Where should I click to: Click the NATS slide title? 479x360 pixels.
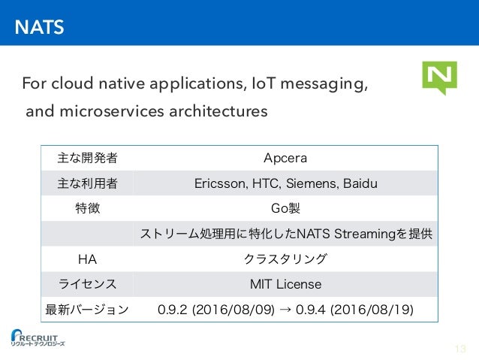[x=41, y=29]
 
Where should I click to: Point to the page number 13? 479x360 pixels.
[x=460, y=348]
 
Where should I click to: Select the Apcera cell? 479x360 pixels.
[x=285, y=158]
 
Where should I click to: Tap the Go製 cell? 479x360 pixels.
[x=285, y=208]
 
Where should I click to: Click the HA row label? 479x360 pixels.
[x=87, y=259]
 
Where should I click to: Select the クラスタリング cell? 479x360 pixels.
[x=285, y=259]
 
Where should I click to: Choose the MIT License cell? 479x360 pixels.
[x=285, y=284]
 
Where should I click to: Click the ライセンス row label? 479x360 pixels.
[x=87, y=284]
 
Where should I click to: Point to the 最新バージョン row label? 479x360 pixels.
[x=87, y=309]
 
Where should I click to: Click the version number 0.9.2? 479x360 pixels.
[x=173, y=309]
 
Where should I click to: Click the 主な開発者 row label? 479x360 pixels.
[x=87, y=158]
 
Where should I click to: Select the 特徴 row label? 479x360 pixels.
[x=87, y=208]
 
